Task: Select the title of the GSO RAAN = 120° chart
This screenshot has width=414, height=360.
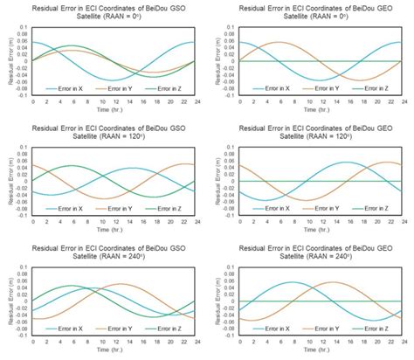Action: click(x=109, y=131)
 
